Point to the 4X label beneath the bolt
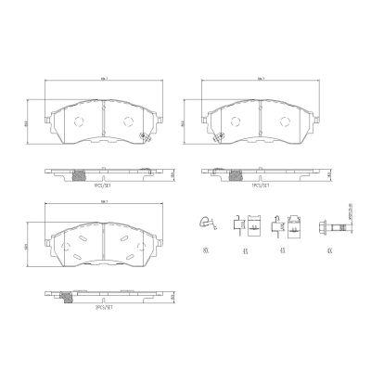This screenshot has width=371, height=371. pyautogui.click(x=326, y=250)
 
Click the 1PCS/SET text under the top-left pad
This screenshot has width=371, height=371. pyautogui.click(x=106, y=185)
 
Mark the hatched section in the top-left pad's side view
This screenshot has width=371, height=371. pyautogui.click(x=78, y=176)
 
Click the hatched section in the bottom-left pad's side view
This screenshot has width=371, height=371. pyautogui.click(x=69, y=297)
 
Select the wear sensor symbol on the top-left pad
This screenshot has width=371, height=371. pyautogui.click(x=143, y=138)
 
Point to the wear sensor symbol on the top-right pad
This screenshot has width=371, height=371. pyautogui.click(x=300, y=138)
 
